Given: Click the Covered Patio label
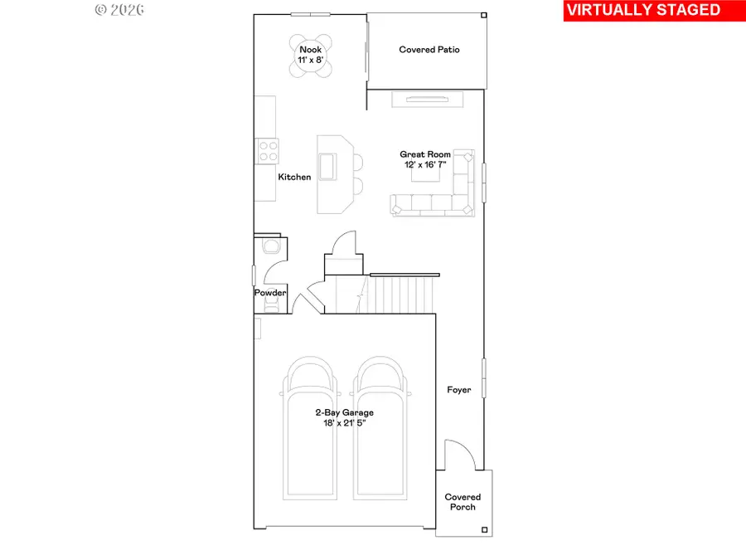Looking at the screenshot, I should coord(429,50).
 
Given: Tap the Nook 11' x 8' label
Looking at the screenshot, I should coord(310,55).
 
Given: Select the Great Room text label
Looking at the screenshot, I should coord(425,159).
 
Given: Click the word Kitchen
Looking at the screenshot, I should coord(294,177).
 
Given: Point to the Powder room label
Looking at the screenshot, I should coord(270,293).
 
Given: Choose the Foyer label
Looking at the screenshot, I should coord(458,390).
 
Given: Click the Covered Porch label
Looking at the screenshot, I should coord(463,502).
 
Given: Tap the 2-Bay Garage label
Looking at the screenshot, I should coord(343,417).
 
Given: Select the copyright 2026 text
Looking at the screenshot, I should coord(120,10).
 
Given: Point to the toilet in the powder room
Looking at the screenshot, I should coord(269,246).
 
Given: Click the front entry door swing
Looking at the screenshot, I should coord(458,456).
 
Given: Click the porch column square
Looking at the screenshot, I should coord(486,529).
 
